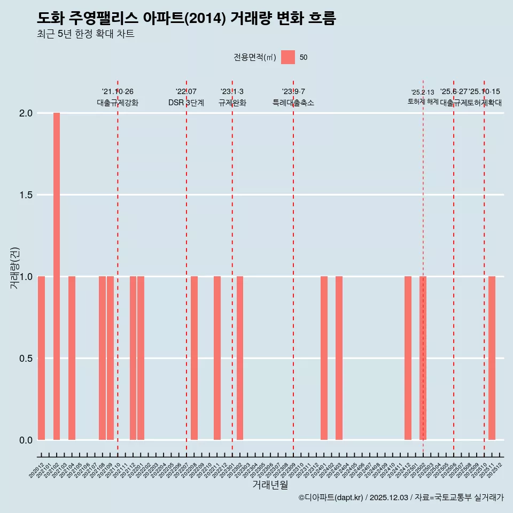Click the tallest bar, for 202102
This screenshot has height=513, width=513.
pyautogui.click(x=57, y=276)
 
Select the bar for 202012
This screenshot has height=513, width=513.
pyautogui.click(x=41, y=358)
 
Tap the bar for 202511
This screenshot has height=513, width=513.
pyautogui.click(x=492, y=358)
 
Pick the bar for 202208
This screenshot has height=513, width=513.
pyautogui.click(x=194, y=358)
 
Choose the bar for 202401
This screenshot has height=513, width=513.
pyautogui.click(x=324, y=358)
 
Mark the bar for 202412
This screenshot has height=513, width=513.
pyautogui.click(x=408, y=358)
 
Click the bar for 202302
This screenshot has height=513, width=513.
pyautogui.click(x=240, y=358)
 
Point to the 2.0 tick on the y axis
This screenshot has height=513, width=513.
pyautogui.click(x=27, y=113)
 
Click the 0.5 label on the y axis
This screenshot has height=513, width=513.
pyautogui.click(x=27, y=359)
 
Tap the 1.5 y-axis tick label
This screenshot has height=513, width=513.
pyautogui.click(x=27, y=195)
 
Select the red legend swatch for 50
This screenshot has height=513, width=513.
pyautogui.click(x=288, y=57)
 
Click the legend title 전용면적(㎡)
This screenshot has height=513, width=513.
pyautogui.click(x=255, y=57)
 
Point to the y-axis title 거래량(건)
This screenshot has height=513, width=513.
pyautogui.click(x=15, y=268)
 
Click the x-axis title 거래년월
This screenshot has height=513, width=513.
pyautogui.click(x=270, y=485)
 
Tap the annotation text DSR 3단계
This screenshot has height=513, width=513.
pyautogui.click(x=186, y=103)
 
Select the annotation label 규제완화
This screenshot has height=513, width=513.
pyautogui.click(x=232, y=103)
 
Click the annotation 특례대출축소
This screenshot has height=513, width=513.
pyautogui.click(x=293, y=103)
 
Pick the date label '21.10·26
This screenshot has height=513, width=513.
pyautogui.click(x=118, y=91)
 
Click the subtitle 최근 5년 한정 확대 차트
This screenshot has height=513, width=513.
pyautogui.click(x=85, y=34)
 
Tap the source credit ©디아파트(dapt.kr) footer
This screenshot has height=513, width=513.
pyautogui.click(x=401, y=498)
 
